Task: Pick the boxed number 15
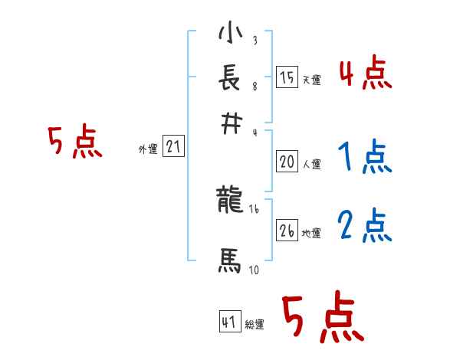click(x=287, y=77)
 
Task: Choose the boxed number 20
click(x=287, y=162)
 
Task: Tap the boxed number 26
click(x=287, y=230)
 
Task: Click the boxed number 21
click(x=173, y=147)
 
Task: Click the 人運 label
click(x=311, y=164)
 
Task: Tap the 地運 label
click(x=311, y=233)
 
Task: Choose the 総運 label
click(x=255, y=325)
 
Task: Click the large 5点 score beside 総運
click(x=322, y=319)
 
